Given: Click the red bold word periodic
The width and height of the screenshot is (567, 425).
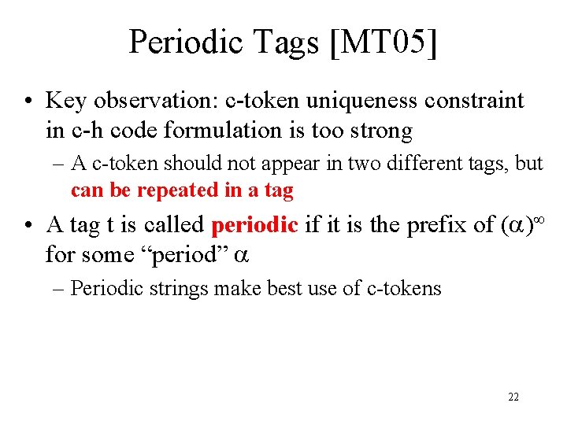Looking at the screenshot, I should pyautogui.click(x=254, y=225).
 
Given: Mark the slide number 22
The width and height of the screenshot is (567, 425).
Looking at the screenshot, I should pyautogui.click(x=513, y=397).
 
